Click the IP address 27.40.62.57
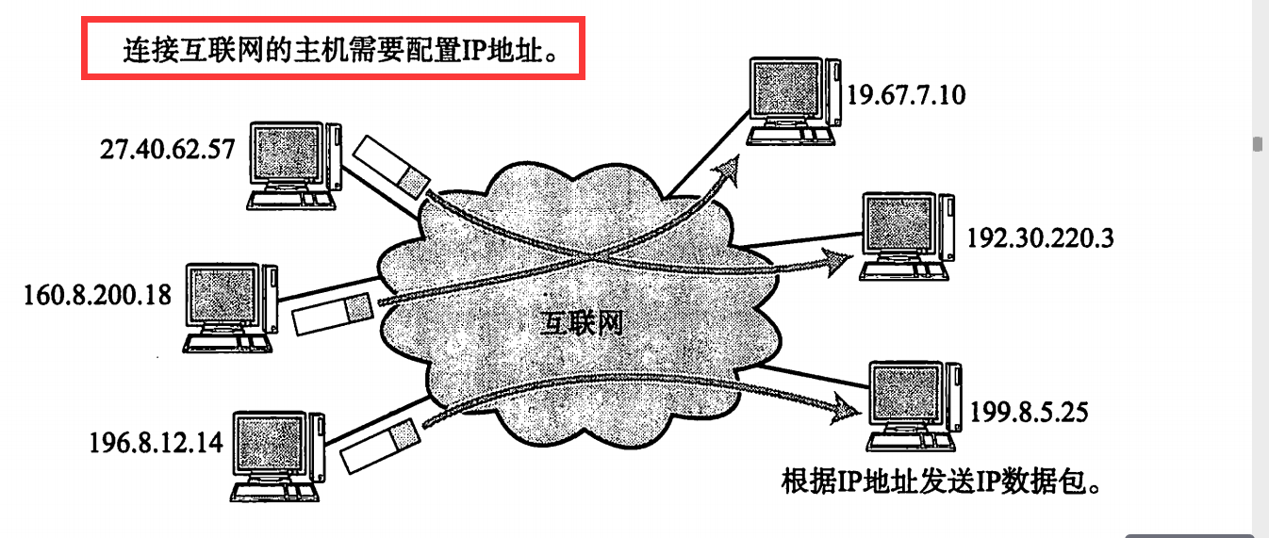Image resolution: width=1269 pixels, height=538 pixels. [166, 149]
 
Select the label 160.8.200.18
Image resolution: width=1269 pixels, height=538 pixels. [97, 295]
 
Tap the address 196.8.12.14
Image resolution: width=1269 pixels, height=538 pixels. [157, 441]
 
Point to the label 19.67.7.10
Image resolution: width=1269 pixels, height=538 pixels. [906, 94]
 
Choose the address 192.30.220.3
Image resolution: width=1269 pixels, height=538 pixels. [1040, 237]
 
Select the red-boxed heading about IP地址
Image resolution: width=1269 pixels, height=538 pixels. [334, 47]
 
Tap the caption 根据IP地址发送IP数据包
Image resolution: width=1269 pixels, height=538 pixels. [942, 482]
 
